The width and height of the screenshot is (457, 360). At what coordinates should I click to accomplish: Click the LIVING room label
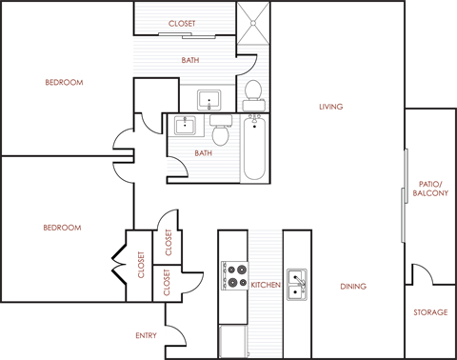330,107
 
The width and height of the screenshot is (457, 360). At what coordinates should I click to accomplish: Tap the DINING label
352,286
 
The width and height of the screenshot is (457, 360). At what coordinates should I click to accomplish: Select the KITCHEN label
266,285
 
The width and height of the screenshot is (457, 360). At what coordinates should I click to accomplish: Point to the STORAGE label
429,312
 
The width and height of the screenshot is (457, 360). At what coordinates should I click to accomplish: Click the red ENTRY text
145,335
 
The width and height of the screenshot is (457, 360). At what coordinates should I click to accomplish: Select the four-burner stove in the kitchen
233,275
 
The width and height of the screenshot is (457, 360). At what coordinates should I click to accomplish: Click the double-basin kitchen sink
298,282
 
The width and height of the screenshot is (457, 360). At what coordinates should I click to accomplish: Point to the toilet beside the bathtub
222,132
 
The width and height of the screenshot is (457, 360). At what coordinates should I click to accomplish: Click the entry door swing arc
177,334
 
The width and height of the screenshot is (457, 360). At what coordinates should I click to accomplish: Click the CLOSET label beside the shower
183,23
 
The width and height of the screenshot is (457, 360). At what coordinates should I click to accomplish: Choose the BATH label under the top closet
190,61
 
